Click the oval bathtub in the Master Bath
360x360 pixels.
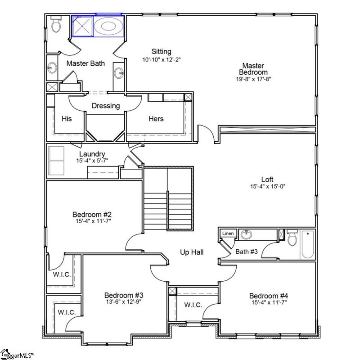click(108, 26)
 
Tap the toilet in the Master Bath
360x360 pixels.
click(56, 24)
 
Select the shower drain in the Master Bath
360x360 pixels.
click(82, 26)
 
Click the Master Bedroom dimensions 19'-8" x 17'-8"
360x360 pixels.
click(253, 79)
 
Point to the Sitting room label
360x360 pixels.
click(162, 51)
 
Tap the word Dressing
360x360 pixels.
click(106, 106)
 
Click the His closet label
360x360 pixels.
click(67, 119)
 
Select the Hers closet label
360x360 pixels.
click(156, 119)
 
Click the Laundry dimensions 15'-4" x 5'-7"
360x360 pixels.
click(92, 161)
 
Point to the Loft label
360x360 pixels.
click(267, 179)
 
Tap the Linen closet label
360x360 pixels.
click(228, 234)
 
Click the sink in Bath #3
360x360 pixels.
click(246, 234)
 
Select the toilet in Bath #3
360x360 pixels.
click(292, 238)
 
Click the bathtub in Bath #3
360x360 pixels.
click(308, 244)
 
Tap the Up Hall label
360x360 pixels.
click(192, 252)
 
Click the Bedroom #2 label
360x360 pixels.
click(92, 215)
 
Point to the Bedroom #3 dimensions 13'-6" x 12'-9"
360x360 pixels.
click(123, 301)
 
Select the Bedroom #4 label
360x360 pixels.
click(269, 296)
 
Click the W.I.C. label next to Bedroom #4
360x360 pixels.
click(193, 305)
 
